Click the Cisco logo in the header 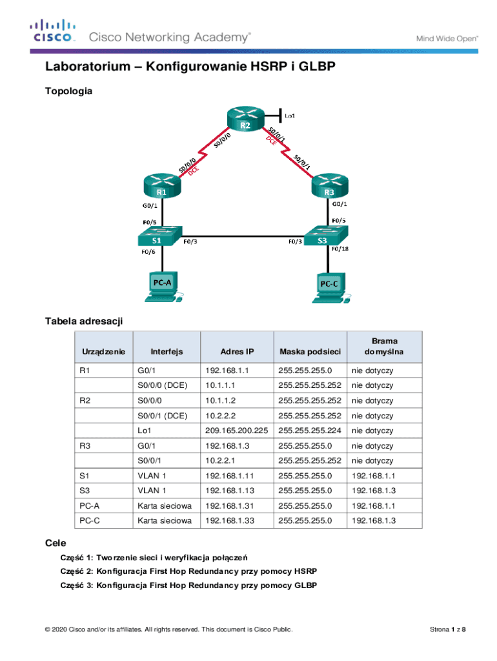(x=53, y=32)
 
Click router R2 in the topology (x=245, y=120)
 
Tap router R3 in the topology (x=330, y=185)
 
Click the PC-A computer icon (x=161, y=286)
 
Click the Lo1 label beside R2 (x=290, y=116)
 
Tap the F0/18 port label (x=340, y=249)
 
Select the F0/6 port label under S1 (x=148, y=252)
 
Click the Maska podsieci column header (x=309, y=352)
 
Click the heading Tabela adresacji (x=83, y=321)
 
